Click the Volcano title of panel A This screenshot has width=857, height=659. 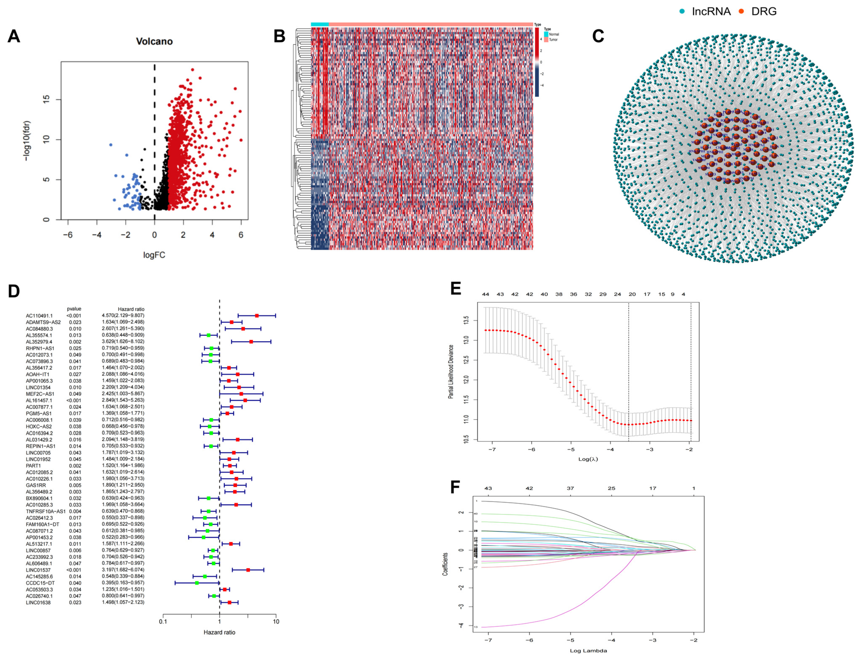point(154,41)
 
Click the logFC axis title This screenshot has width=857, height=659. point(154,255)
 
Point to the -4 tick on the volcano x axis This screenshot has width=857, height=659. point(97,235)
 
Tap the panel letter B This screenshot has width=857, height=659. point(279,36)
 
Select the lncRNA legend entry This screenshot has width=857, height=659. point(706,11)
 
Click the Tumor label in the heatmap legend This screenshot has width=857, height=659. point(553,40)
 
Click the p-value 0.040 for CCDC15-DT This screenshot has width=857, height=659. point(75,583)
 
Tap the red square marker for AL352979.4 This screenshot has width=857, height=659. point(251,342)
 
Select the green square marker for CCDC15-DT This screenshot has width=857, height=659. point(197,583)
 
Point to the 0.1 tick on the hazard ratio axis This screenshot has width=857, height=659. point(163,622)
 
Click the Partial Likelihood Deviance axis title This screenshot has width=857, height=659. point(451,372)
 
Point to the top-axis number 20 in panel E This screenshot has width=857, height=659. point(632,294)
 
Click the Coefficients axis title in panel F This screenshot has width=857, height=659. point(445,564)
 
